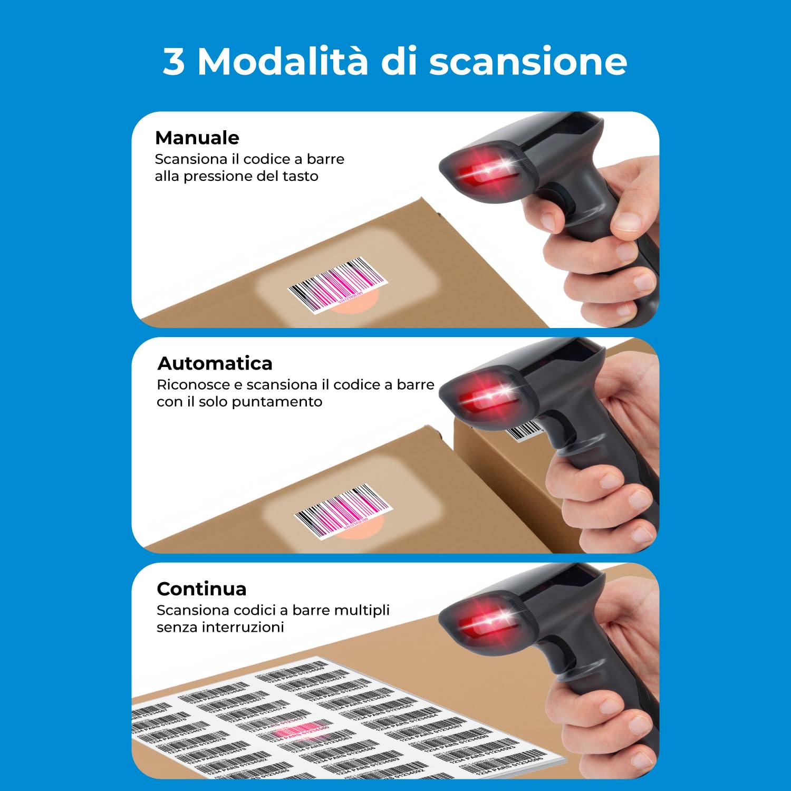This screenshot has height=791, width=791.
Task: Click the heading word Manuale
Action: (197, 138)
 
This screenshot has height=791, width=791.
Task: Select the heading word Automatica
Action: (215, 364)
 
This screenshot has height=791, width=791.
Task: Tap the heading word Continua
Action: (201, 589)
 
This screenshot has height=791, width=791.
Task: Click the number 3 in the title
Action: (174, 62)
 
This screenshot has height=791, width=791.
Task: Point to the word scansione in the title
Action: (528, 62)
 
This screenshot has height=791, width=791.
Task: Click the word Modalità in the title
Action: (282, 61)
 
